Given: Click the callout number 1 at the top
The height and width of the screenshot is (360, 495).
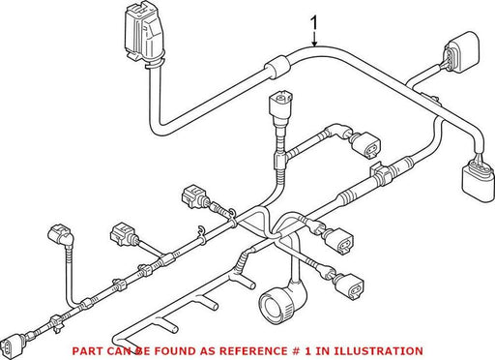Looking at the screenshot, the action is [313, 25].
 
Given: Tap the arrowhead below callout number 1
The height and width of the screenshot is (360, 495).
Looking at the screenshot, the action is [314, 44].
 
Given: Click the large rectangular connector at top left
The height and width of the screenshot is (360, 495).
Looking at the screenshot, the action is [143, 35].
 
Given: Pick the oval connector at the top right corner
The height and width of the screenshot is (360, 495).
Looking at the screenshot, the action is [461, 52].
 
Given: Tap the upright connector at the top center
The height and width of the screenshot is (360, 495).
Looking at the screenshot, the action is [279, 107].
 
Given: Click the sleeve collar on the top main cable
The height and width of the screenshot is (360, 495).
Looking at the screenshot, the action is [277, 67].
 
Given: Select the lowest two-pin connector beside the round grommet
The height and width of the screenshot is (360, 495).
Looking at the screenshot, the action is [349, 286].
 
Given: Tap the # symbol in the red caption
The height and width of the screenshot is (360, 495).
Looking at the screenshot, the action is [293, 351].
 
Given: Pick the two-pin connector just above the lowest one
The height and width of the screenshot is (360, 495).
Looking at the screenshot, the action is [339, 239].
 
